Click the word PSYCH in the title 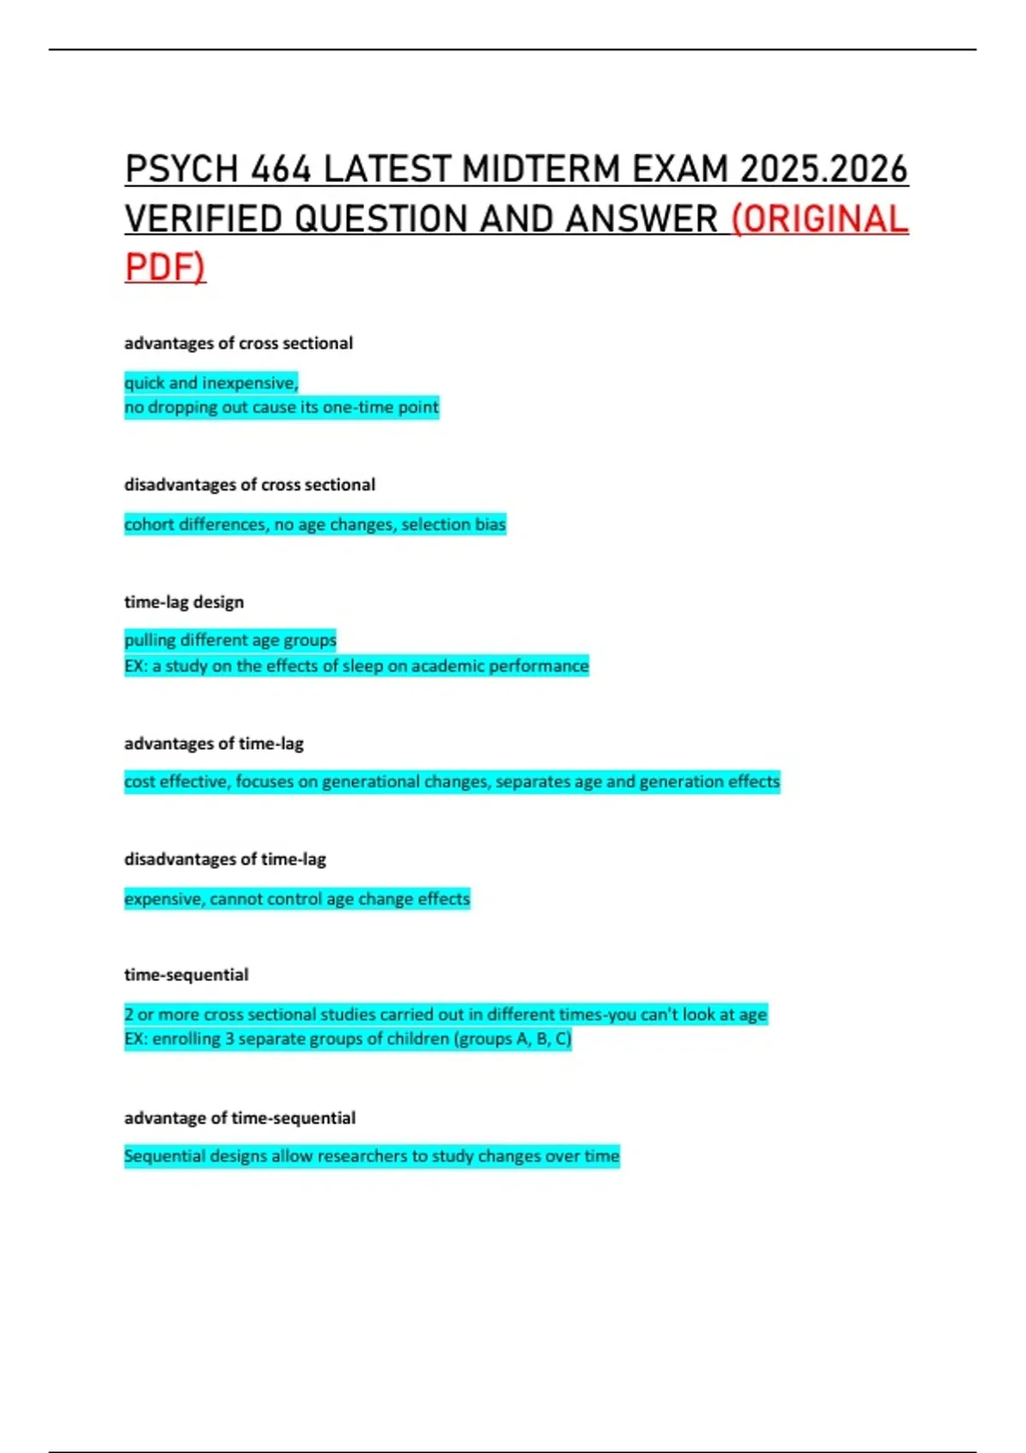tap(180, 169)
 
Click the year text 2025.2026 tap(823, 169)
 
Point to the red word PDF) tap(165, 267)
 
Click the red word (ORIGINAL tap(820, 219)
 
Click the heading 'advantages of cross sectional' tap(239, 343)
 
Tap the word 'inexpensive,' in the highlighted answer tap(250, 383)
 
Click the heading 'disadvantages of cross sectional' tap(250, 485)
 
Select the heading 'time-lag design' tap(184, 602)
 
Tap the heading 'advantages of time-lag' tap(214, 744)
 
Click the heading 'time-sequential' tap(186, 975)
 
